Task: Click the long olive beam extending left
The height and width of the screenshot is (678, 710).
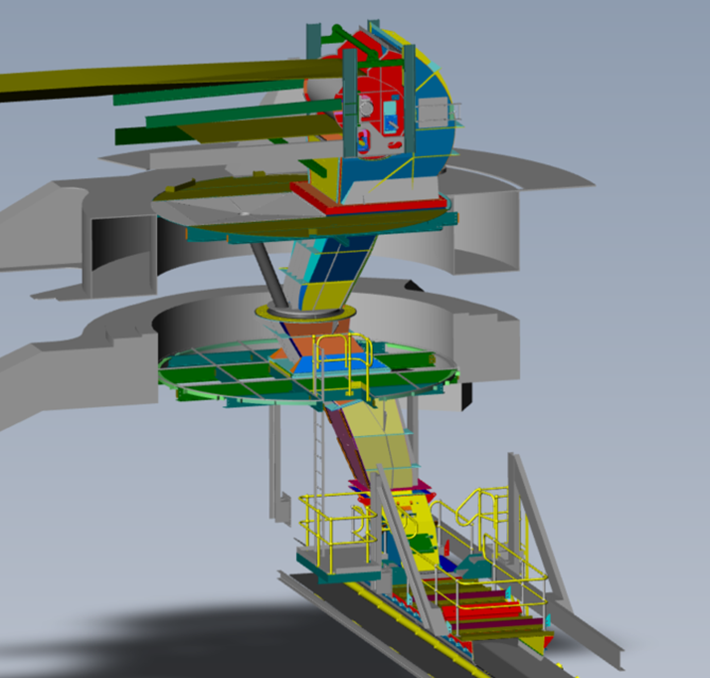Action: click(x=149, y=79)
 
